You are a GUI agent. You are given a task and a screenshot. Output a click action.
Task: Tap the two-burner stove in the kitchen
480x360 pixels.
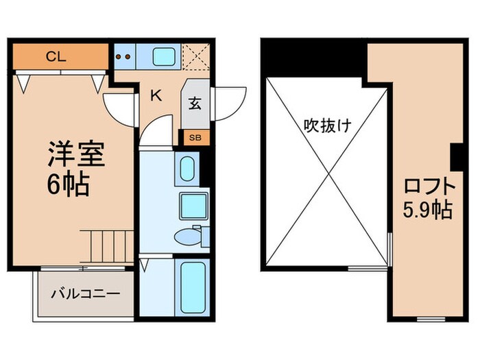(124, 56)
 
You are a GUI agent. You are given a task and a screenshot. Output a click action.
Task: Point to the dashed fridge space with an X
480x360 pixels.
(195, 56)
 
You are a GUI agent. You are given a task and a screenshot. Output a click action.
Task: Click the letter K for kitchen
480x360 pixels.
(156, 96)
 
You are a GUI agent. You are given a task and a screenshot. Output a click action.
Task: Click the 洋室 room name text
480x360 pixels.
(75, 155)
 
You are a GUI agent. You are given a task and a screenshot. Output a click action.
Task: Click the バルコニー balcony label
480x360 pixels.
(85, 293)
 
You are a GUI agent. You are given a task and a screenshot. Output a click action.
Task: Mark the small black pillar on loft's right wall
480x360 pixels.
(456, 157)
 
